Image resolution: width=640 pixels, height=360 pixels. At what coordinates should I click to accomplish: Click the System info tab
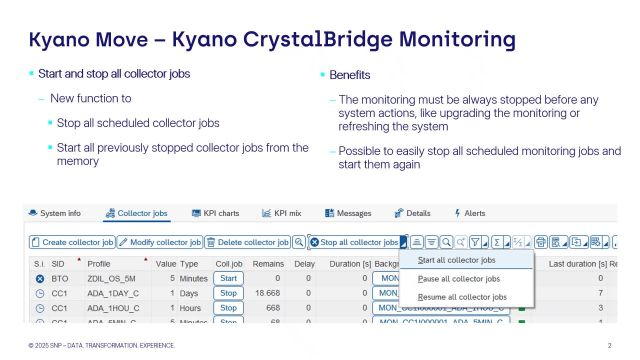pyautogui.click(x=61, y=213)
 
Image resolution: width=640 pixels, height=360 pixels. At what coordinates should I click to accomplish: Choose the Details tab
pyautogui.click(x=412, y=213)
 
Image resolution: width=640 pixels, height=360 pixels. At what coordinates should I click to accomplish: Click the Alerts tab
pyautogui.click(x=470, y=213)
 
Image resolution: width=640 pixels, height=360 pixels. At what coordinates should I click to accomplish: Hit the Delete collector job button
pyautogui.click(x=247, y=242)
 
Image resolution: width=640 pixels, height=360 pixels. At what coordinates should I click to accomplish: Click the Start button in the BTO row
pyautogui.click(x=229, y=278)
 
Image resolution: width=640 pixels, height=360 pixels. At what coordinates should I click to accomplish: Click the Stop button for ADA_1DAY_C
pyautogui.click(x=229, y=294)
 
